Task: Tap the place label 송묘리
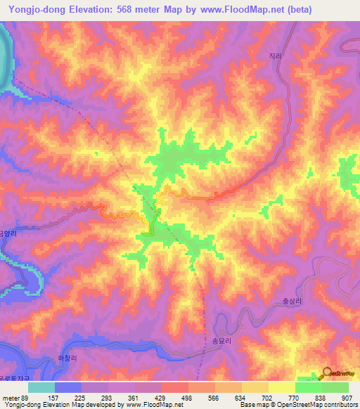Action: click(x=212, y=339)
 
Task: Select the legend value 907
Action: click(x=347, y=398)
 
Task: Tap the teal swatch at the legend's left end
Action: click(x=41, y=387)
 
